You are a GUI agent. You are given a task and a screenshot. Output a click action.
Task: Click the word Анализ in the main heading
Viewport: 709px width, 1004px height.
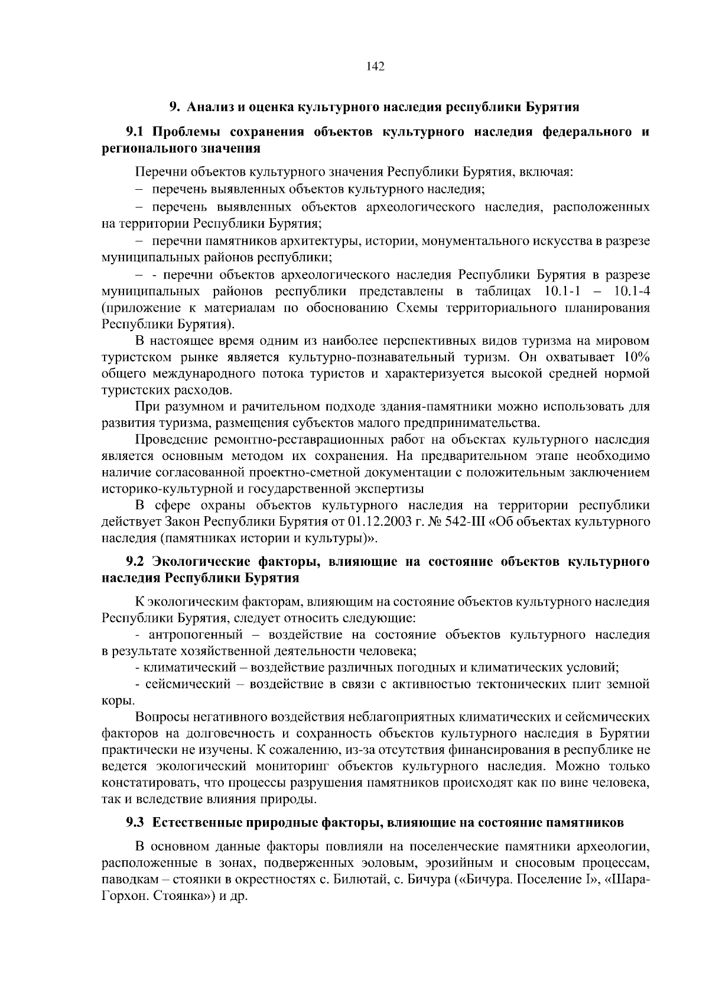211,107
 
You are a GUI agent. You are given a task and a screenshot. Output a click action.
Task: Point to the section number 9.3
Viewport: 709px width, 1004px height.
136,822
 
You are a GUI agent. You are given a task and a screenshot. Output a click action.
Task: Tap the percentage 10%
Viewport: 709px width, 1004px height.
636,357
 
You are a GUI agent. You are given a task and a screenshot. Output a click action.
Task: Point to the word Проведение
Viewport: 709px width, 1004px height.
172,439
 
